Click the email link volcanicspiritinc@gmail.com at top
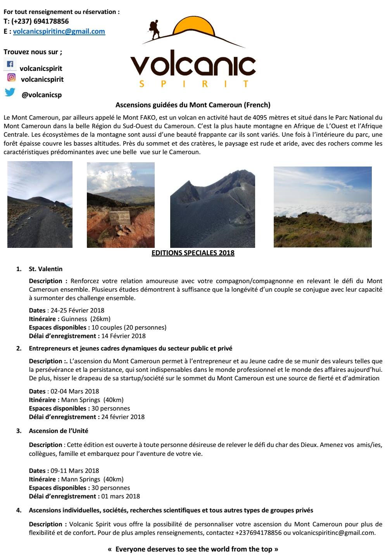(59, 31)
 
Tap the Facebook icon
(10, 64)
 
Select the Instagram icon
(12, 77)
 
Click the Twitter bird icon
(10, 92)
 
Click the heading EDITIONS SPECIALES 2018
(193, 253)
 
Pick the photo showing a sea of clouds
(322, 207)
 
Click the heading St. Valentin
(45, 269)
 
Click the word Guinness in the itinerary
(74, 319)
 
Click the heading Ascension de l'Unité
(59, 431)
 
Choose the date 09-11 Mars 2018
(74, 471)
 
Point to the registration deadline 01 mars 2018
(121, 496)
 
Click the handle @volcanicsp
(41, 95)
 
